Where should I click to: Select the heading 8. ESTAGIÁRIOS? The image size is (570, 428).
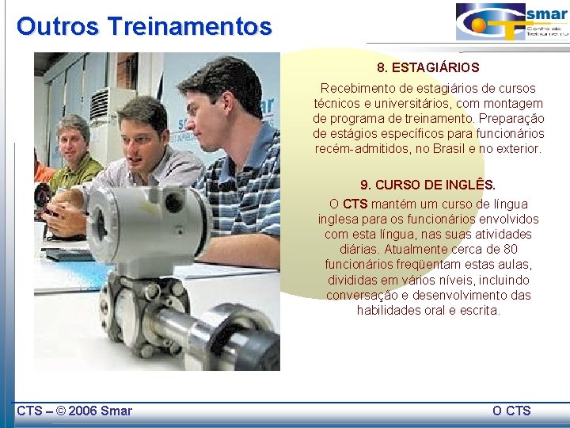pyautogui.click(x=428, y=68)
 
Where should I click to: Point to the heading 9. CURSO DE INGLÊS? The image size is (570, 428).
pyautogui.click(x=428, y=185)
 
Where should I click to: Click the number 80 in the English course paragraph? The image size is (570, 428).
pyautogui.click(x=510, y=250)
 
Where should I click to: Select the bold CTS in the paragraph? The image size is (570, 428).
pyautogui.click(x=355, y=204)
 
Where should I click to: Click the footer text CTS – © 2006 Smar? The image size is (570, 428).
pyautogui.click(x=74, y=411)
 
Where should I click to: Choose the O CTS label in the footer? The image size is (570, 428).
pyautogui.click(x=511, y=411)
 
